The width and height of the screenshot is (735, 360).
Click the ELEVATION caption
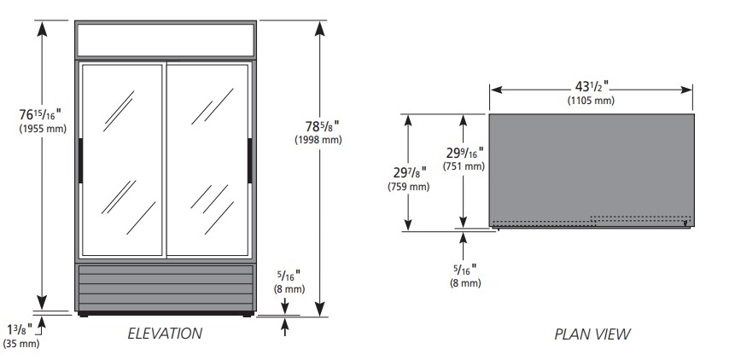coord(165,334)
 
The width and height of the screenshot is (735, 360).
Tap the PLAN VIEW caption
coord(592,334)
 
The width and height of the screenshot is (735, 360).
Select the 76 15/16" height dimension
coord(40,114)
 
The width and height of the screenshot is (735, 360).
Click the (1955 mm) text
coord(43,129)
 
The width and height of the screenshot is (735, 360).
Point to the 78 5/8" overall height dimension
coord(323,126)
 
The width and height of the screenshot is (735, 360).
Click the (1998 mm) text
coord(318,140)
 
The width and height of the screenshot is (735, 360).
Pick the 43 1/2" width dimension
coord(592,87)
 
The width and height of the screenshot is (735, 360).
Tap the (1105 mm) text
coord(591,100)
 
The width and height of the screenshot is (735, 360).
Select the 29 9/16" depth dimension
coord(464,153)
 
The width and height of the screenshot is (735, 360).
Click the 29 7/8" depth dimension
coord(410,172)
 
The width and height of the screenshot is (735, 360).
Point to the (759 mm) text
coord(408,186)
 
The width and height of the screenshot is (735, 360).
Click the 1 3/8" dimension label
coord(20,329)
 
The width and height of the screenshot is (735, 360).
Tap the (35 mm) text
coord(21,344)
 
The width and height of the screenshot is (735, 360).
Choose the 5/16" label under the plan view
coord(465,270)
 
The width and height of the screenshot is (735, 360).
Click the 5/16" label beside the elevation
coord(289,276)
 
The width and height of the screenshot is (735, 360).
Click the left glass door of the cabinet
coord(122,160)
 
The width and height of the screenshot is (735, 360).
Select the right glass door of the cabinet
coord(207,160)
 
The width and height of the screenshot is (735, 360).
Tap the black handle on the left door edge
coord(80,160)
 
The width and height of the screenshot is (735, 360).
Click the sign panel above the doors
coord(166,40)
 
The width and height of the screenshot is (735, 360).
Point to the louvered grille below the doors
coord(166,287)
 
